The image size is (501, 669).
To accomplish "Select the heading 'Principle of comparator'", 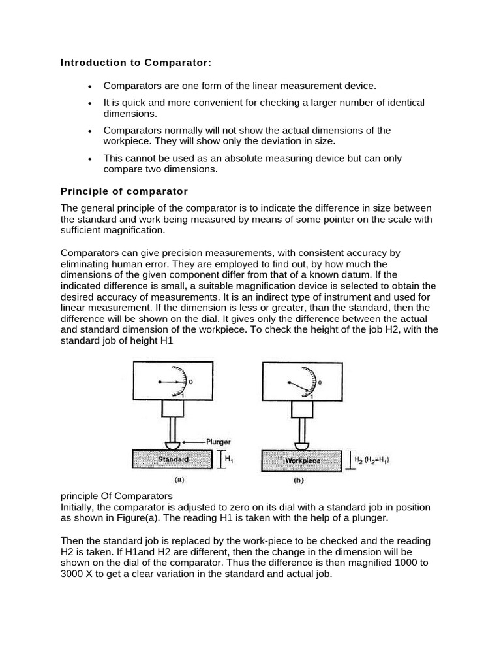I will pyautogui.click(x=124, y=191).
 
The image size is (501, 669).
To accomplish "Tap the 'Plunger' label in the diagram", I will pyautogui.click(x=218, y=442).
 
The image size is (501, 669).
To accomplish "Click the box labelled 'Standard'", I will pyautogui.click(x=173, y=459).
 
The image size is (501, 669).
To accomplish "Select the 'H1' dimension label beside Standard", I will pyautogui.click(x=229, y=459).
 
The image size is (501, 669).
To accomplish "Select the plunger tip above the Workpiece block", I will pyautogui.click(x=302, y=446).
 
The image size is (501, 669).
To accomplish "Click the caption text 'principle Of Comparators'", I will pyautogui.click(x=116, y=496).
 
